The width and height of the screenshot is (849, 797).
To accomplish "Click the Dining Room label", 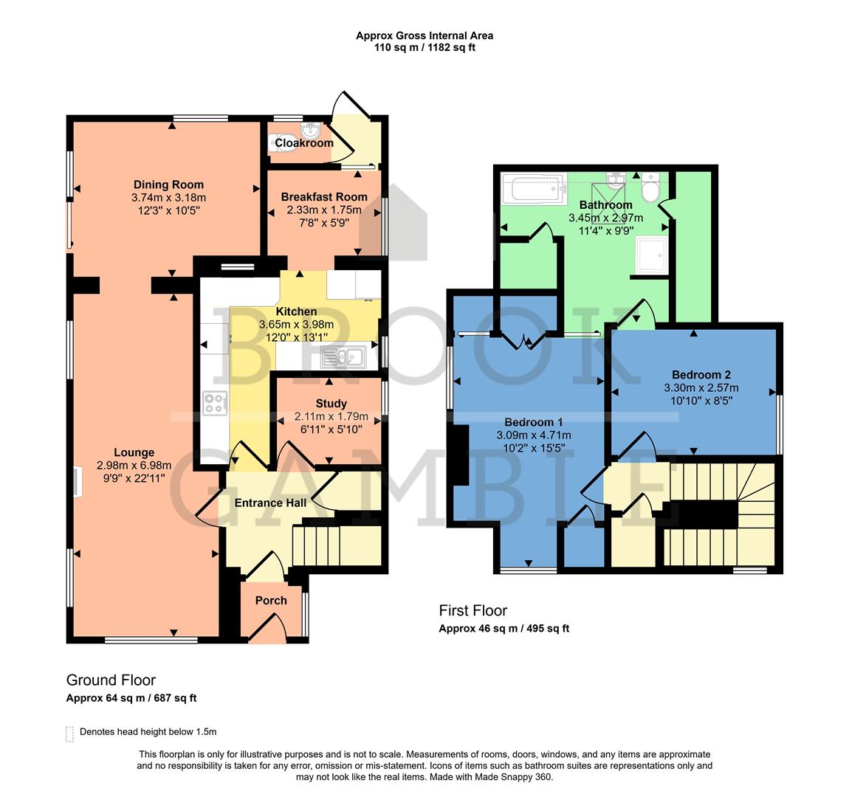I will [x=168, y=184].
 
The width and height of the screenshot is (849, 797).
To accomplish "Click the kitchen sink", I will [x=343, y=358].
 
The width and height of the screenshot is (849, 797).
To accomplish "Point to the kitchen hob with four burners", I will [x=215, y=403].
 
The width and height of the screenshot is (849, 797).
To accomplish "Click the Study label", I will [x=331, y=404].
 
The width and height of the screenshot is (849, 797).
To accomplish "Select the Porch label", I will [x=271, y=601].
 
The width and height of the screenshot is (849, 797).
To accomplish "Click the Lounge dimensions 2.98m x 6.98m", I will [x=134, y=465].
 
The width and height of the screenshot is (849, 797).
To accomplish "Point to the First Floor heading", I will [x=473, y=610].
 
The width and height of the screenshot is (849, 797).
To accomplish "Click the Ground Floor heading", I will [x=111, y=680].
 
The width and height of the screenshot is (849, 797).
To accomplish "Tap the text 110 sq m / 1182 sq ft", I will [x=424, y=48].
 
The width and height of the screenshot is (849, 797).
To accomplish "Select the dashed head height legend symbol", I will [x=70, y=733].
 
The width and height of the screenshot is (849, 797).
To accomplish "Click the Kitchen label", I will [x=296, y=312].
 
